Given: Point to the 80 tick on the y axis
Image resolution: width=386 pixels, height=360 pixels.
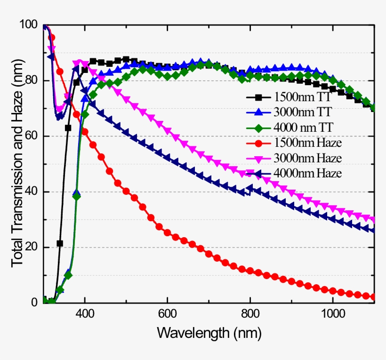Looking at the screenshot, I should (x=32, y=80).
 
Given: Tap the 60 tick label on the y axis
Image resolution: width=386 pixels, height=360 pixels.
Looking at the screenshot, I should (x=32, y=136).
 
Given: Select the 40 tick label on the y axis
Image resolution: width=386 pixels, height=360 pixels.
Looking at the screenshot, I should (x=32, y=192).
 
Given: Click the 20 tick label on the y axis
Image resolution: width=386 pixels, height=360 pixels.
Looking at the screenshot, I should (x=32, y=248).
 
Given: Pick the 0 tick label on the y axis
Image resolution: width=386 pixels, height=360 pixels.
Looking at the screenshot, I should (x=34, y=303).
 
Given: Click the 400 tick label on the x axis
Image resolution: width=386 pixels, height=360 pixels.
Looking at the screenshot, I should (x=85, y=314).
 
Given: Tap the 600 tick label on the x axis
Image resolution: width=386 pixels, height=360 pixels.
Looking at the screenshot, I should (x=167, y=314).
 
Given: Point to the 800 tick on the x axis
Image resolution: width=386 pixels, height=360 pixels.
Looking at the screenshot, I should (x=250, y=314).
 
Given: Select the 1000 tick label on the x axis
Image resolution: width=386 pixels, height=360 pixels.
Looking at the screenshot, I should (x=332, y=314).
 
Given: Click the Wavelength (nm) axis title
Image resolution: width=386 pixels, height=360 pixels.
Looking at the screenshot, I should (x=209, y=333).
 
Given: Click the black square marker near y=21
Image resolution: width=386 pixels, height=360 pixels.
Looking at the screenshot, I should (x=60, y=243).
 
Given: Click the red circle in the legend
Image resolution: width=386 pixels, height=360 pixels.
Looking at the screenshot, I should (x=258, y=143).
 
